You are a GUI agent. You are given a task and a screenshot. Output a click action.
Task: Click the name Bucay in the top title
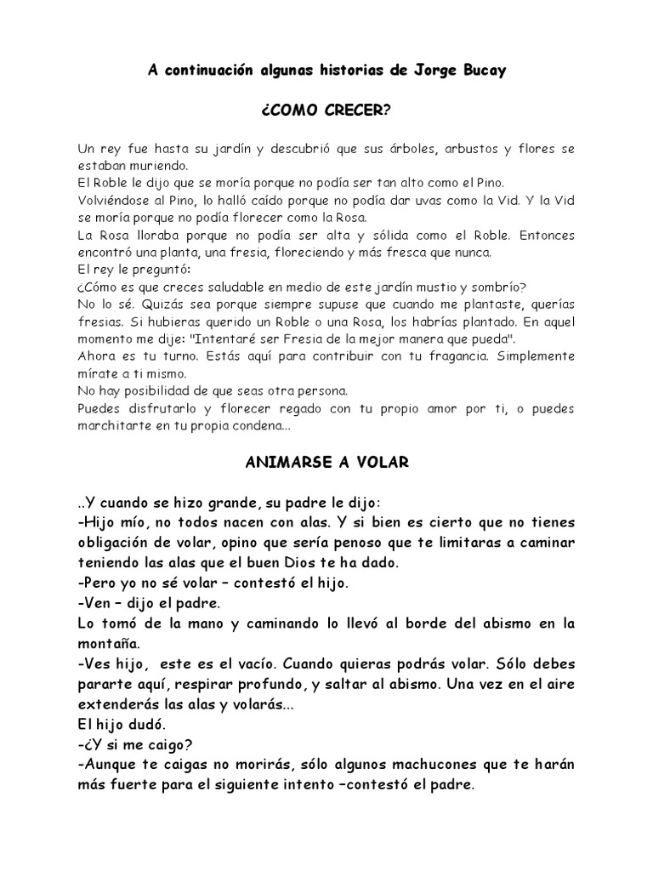tap(483, 71)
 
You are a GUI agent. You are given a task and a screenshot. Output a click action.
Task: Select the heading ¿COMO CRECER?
tap(326, 111)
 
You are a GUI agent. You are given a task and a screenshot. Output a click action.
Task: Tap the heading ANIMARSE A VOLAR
tap(327, 463)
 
